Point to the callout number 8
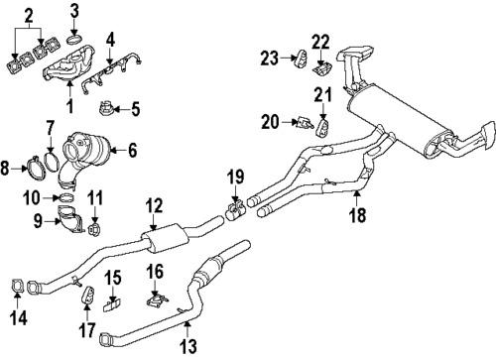(x=9, y=170)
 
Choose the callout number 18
(x=353, y=212)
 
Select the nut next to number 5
(x=108, y=108)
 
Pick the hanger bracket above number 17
(x=86, y=294)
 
